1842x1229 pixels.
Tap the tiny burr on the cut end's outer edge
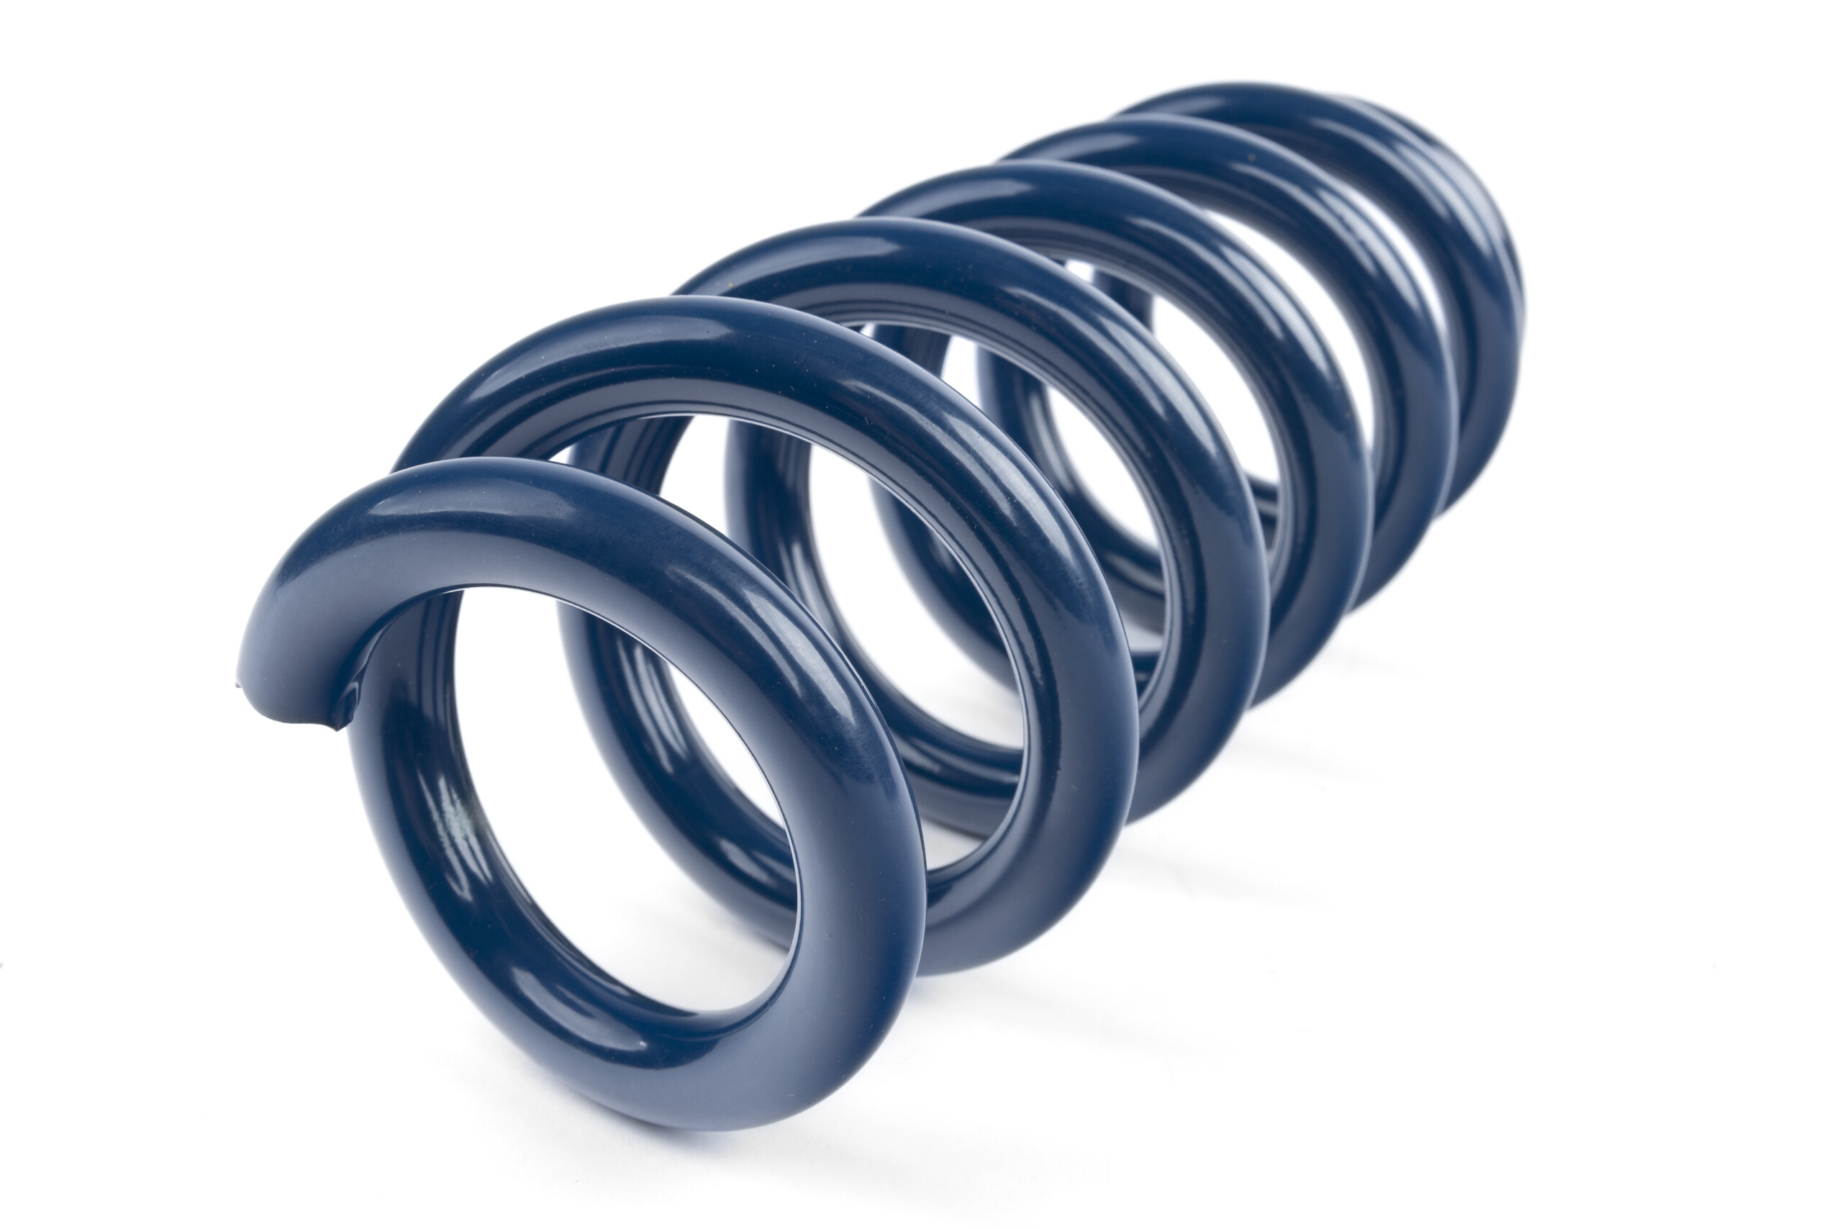coord(237,685)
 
